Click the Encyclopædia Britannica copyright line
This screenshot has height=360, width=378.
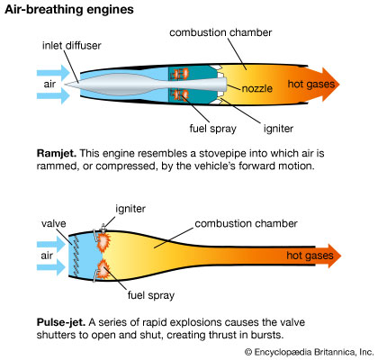click(x=301, y=352)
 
